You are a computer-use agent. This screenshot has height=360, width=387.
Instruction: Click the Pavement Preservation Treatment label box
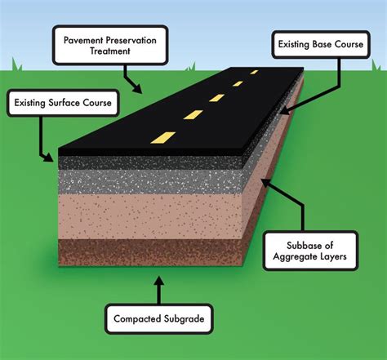tap(110, 46)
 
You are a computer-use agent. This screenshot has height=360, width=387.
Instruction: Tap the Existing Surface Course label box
tap(63, 103)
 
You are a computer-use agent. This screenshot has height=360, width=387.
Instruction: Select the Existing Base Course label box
tap(321, 44)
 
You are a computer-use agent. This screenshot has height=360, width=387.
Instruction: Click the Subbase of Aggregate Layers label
tap(310, 251)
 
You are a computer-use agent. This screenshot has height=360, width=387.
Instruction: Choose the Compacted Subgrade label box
tap(159, 318)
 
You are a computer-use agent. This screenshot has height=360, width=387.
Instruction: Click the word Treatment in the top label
tap(110, 51)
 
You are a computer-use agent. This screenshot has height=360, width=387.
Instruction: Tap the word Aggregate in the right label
tap(295, 257)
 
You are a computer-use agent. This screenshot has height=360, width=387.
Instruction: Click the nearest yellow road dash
tap(163, 137)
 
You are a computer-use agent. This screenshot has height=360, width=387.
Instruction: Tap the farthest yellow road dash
tap(254, 72)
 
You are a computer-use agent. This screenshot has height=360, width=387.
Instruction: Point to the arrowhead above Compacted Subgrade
tap(159, 281)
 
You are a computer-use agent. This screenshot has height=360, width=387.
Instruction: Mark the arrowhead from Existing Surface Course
tap(48, 158)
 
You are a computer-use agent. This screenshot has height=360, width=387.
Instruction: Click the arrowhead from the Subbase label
tap(267, 184)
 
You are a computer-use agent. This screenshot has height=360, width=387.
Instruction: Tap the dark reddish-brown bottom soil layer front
tap(150, 252)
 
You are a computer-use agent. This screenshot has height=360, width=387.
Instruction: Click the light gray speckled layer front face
tap(150, 182)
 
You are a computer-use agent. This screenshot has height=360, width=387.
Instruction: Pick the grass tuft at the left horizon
tap(16, 65)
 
